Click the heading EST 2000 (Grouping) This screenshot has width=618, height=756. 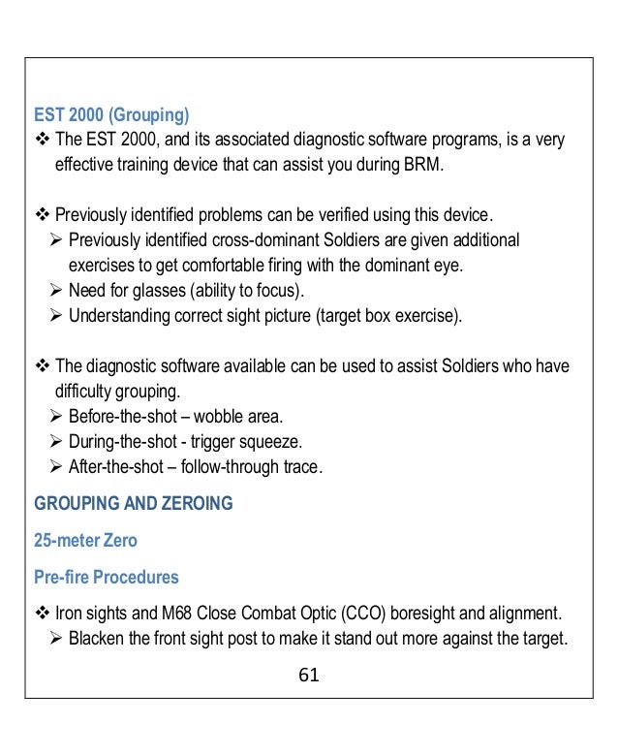point(109,116)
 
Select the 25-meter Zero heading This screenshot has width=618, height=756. point(85,540)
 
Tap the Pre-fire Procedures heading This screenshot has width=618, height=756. point(107,577)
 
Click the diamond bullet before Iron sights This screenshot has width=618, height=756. point(43,614)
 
